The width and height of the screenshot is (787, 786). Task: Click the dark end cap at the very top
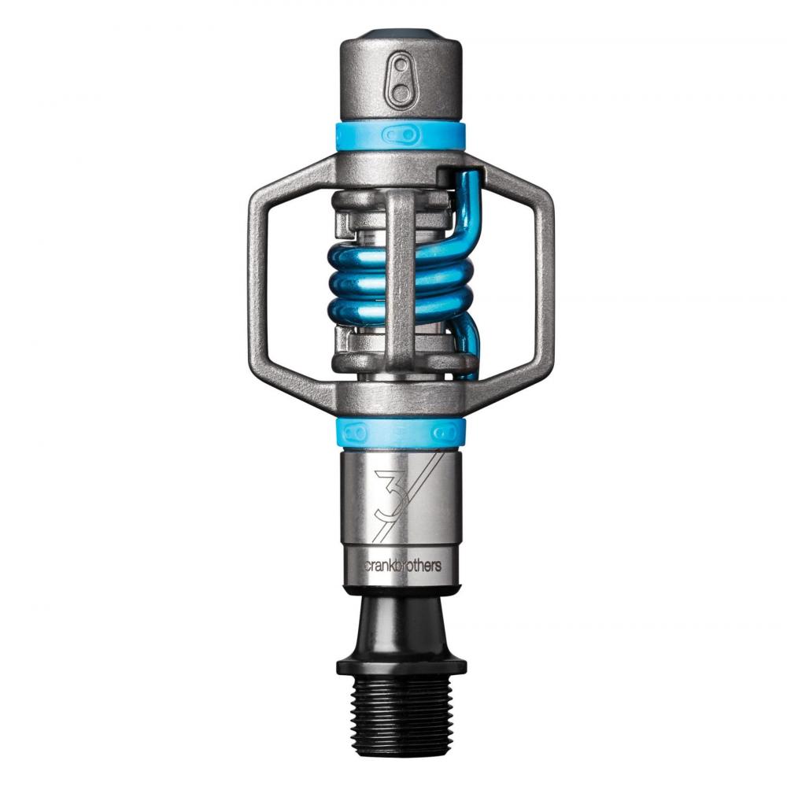point(401,35)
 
